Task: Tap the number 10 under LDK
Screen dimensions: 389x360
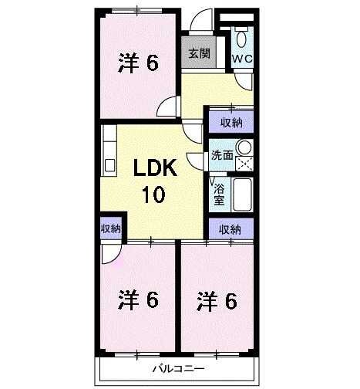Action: click(152, 194)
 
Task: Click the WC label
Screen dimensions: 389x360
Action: click(241, 58)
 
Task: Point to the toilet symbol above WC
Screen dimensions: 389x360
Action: click(242, 39)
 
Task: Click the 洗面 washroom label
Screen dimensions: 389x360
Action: click(222, 154)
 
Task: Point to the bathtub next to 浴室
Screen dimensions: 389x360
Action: click(243, 194)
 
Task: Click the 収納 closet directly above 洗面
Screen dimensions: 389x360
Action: click(230, 122)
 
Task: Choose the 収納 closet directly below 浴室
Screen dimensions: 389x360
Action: click(230, 228)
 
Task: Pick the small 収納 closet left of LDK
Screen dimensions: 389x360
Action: click(109, 228)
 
